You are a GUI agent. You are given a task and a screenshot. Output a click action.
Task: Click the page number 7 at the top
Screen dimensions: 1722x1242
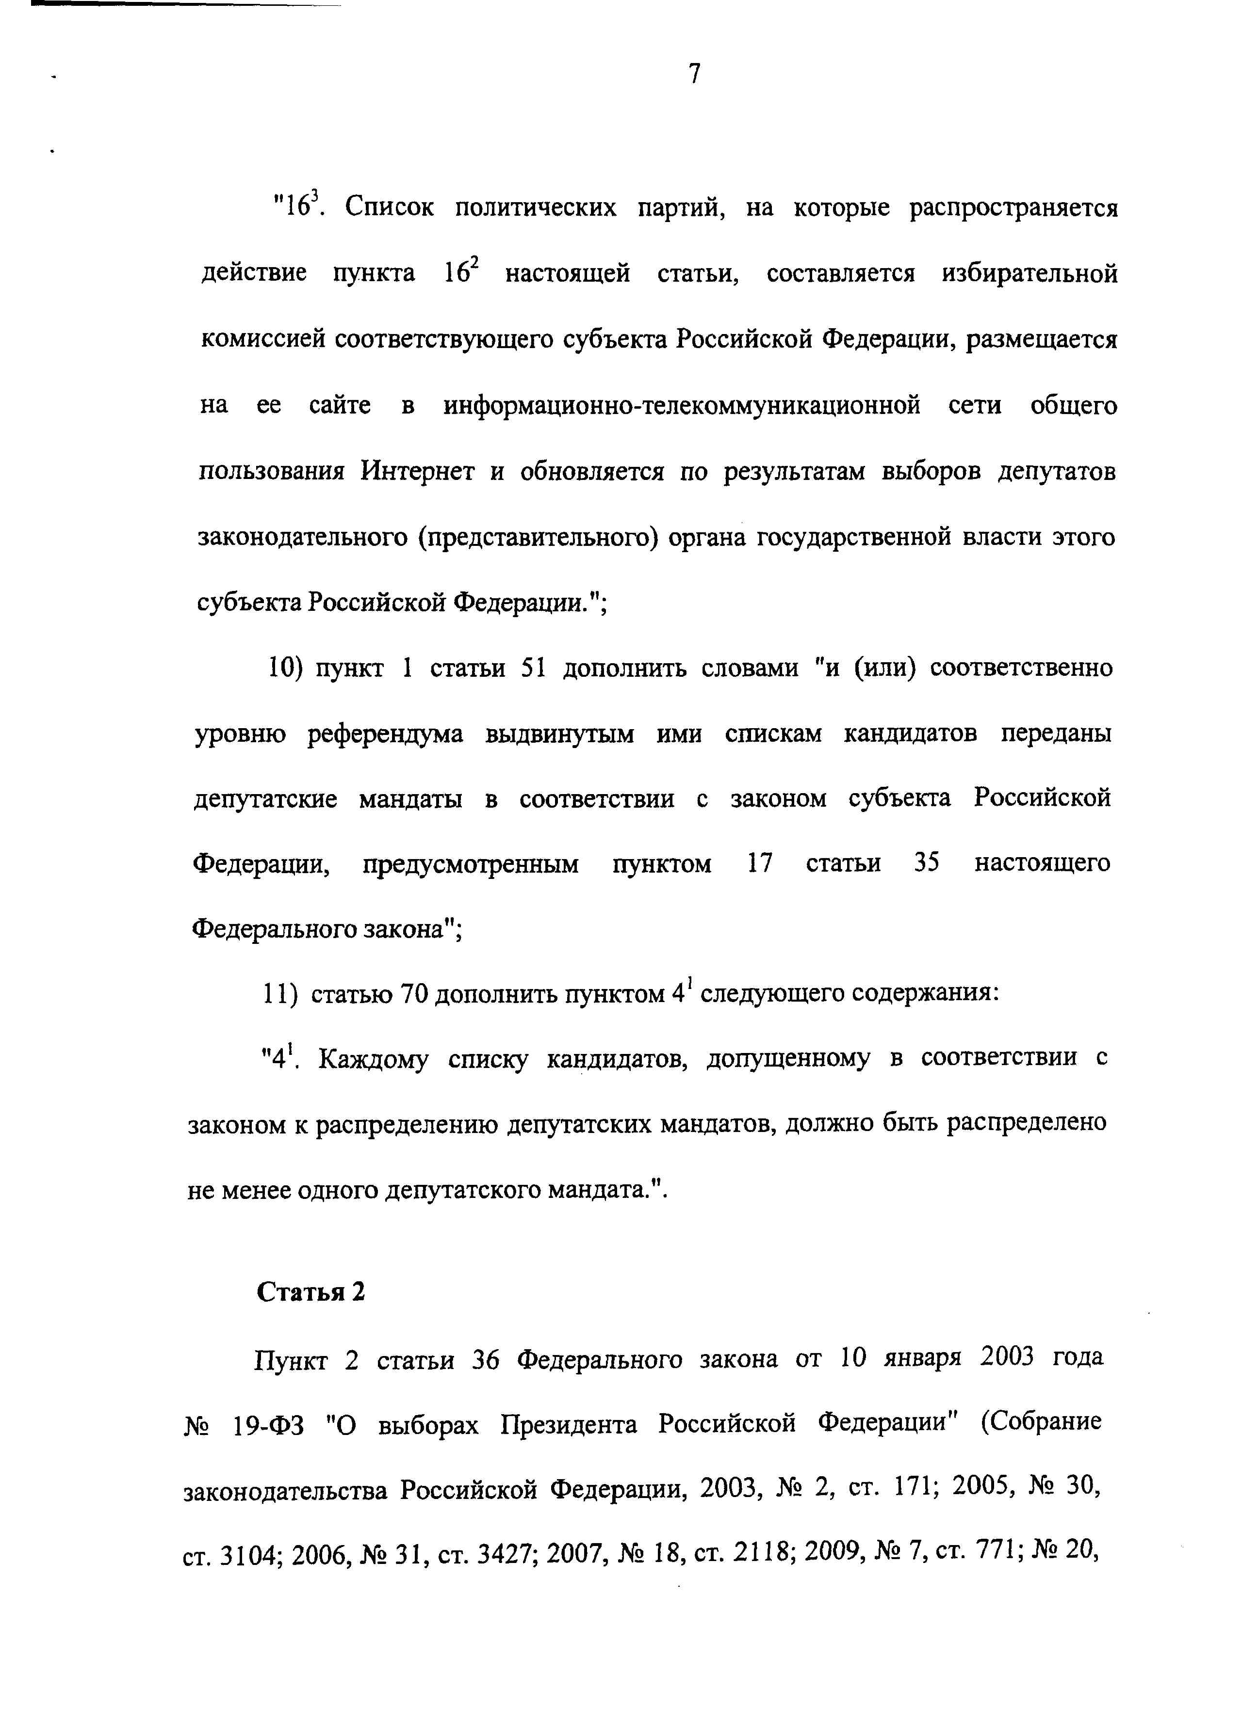694,74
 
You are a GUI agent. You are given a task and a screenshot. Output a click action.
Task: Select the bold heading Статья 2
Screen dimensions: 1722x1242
310,1291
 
